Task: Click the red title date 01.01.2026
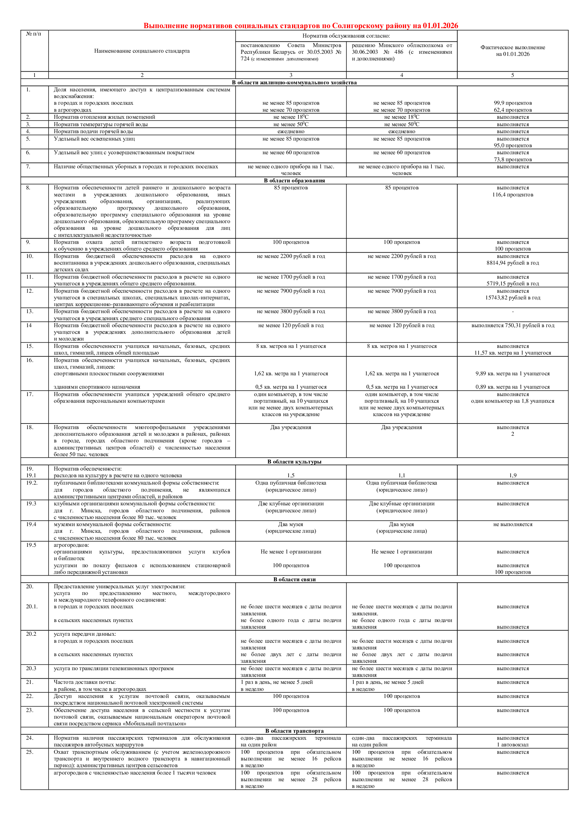[440, 25]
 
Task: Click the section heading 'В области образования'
[294, 180]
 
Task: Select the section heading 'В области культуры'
[294, 461]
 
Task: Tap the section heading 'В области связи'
[294, 579]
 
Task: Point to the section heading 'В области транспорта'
[294, 731]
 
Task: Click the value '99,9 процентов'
[512, 103]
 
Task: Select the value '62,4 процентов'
[512, 110]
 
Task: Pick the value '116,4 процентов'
[512, 195]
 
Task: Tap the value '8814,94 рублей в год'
[512, 263]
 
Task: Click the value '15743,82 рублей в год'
[512, 298]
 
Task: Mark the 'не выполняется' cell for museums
[512, 524]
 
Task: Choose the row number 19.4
[31, 524]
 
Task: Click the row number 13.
[30, 311]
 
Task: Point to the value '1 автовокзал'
[512, 745]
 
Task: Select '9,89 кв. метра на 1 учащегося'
[512, 374]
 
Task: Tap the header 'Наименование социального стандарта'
[142, 51]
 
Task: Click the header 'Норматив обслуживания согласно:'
[346, 36]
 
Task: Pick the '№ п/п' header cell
[34, 34]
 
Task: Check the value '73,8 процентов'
[512, 160]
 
